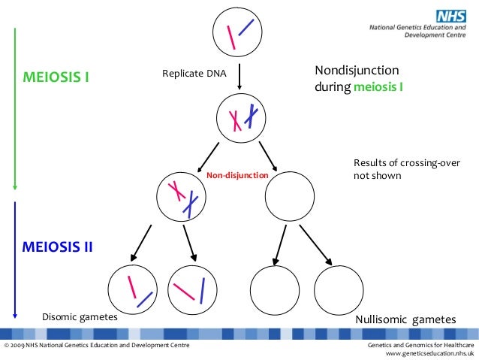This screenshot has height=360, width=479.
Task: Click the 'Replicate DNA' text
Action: (x=194, y=74)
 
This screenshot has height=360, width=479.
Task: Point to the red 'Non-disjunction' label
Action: (x=237, y=175)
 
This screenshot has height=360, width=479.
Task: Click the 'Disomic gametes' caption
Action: (x=80, y=317)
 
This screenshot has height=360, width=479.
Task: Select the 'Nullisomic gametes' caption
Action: (x=405, y=319)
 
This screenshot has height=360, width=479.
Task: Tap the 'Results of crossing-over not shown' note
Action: (x=406, y=169)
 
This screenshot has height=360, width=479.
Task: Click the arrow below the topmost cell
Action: (x=239, y=77)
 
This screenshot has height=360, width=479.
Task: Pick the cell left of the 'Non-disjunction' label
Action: (x=182, y=195)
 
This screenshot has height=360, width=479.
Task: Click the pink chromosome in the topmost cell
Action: (x=234, y=37)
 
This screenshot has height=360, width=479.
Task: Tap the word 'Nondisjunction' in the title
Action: (x=355, y=71)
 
